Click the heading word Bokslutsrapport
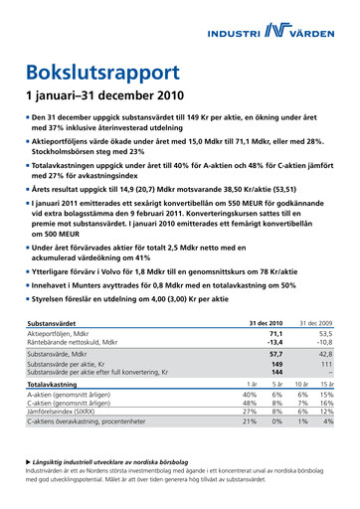tap(102, 72)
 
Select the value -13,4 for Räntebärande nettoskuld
tap(275, 344)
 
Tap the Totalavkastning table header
tap(54, 384)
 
